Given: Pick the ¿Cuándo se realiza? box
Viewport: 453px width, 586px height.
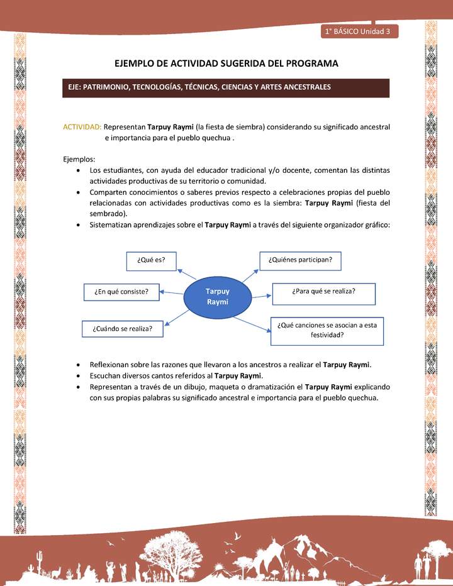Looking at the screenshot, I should pos(123,328).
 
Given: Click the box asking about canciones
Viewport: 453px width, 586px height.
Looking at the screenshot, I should pos(327,331).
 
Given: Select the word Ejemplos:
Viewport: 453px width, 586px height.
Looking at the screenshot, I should pos(79,159).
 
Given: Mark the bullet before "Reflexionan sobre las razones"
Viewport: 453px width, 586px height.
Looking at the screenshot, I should pos(77,365).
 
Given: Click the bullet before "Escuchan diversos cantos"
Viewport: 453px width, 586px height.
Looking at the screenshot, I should pos(77,376).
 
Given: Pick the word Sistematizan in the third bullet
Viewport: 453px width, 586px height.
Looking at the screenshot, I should pos(111,224).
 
